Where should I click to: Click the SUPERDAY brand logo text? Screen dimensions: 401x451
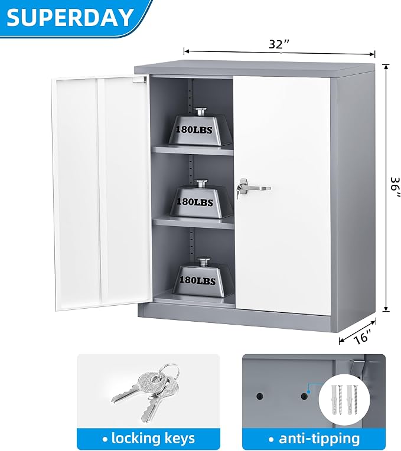coord(70,17)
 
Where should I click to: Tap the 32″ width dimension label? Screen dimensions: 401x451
coord(279,44)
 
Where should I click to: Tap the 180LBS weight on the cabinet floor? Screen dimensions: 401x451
coord(203,277)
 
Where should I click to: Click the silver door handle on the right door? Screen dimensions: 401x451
coord(253,188)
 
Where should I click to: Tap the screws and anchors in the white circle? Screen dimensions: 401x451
coord(344,400)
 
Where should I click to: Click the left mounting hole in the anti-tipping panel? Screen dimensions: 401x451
coord(259,396)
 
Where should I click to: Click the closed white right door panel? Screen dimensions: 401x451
coord(282,195)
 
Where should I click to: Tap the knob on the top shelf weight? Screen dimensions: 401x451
coord(200,112)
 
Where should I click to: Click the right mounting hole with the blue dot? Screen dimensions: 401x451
coord(304,396)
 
